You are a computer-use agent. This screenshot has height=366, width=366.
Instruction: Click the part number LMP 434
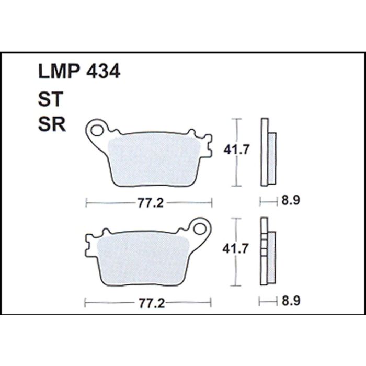coord(79,71)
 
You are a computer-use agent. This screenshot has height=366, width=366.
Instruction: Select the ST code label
coord(51,99)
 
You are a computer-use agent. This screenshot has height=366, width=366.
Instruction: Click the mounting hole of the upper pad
coord(96,130)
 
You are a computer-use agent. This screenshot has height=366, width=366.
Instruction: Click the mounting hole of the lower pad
coord(200,229)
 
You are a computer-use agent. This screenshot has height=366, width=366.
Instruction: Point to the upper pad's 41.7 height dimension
coord(236,150)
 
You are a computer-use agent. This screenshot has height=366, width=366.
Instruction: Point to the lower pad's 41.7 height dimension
coord(235,249)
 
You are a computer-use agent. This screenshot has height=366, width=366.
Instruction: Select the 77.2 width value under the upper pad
coord(151,203)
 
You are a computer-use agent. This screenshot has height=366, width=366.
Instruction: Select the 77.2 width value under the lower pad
coord(152,303)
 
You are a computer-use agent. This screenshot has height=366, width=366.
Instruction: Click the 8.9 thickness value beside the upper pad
coord(290,200)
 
